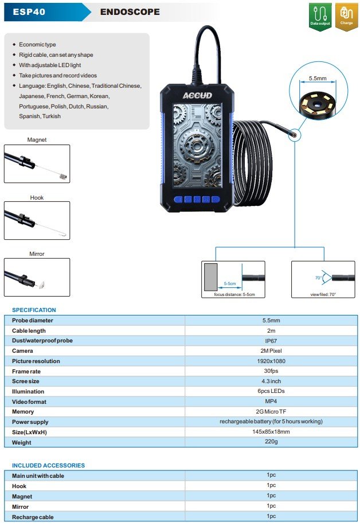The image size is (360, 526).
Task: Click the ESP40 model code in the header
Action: point(29,11)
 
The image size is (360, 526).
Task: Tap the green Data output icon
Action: point(320,17)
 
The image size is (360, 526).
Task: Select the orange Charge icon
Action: point(346,17)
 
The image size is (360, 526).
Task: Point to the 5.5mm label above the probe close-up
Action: point(318,78)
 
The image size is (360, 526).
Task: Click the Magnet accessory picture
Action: point(37,163)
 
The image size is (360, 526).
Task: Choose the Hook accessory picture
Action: point(37,220)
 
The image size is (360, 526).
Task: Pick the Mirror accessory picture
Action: point(37,277)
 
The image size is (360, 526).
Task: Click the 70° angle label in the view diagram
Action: point(318,278)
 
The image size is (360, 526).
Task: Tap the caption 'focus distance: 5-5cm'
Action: point(234,294)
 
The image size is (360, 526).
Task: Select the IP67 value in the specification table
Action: point(271,341)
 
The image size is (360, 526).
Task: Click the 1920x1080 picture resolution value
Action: point(271,361)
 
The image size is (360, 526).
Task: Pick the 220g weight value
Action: point(271,442)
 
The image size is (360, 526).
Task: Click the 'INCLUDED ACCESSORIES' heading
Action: point(48,465)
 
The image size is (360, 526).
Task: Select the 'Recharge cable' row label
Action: point(33,517)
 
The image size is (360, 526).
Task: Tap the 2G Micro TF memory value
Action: point(271,411)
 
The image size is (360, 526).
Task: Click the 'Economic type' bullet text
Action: point(37,45)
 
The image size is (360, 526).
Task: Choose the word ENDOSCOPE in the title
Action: point(130,11)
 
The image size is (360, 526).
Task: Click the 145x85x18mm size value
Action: point(271,432)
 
